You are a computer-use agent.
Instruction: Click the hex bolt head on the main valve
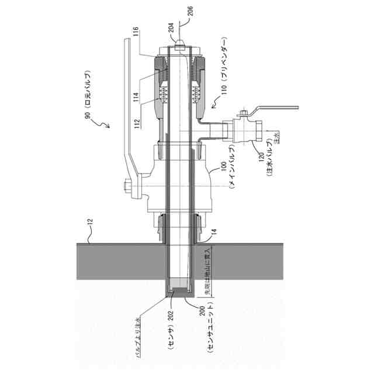126,188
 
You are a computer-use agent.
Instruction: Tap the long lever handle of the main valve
127,105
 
